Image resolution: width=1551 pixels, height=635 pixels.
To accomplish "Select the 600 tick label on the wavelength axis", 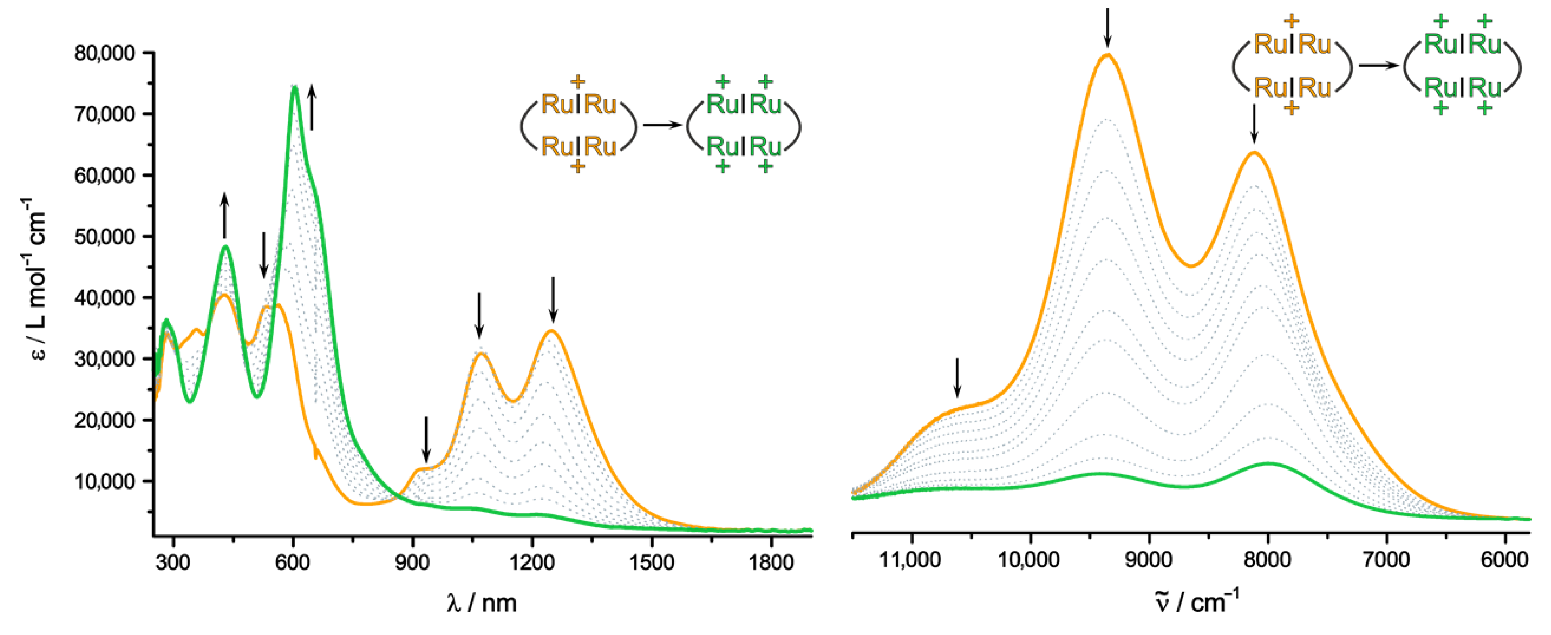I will (293, 563).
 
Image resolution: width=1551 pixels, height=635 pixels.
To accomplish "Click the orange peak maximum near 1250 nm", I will (551, 331).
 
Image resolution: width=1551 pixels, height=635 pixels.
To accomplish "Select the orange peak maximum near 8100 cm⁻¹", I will (1255, 152).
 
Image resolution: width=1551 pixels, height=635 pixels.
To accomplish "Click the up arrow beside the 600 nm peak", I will (311, 107).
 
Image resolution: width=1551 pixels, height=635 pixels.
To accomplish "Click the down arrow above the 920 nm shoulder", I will (426, 439).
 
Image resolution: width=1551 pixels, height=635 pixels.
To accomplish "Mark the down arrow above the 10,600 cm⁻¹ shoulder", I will (957, 377).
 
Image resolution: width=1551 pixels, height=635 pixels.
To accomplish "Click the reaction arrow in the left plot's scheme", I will (662, 125).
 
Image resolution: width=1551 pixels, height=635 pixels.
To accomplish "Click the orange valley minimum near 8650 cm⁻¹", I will (1191, 266).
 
